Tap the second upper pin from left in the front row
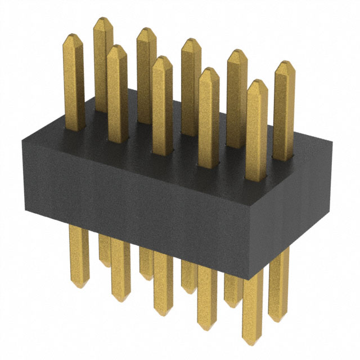117,90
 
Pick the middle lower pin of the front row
163,281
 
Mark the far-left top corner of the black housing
21,137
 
